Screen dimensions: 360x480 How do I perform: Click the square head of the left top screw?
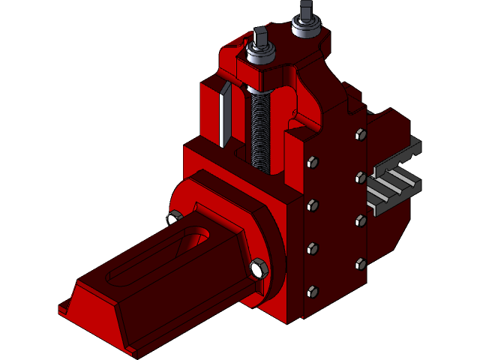[259, 36]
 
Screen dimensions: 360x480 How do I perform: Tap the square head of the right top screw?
[305, 10]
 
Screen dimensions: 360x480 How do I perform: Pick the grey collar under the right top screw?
[306, 28]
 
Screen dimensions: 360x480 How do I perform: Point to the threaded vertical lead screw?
[258, 127]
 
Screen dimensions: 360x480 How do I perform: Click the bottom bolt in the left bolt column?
[312, 292]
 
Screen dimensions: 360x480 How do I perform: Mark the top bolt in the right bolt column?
[359, 135]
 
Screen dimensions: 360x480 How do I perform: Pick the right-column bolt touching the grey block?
[361, 178]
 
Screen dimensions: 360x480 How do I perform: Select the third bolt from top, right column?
[360, 220]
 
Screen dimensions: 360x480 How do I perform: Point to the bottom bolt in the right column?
[360, 263]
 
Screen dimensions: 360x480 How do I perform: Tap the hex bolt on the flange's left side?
[173, 218]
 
